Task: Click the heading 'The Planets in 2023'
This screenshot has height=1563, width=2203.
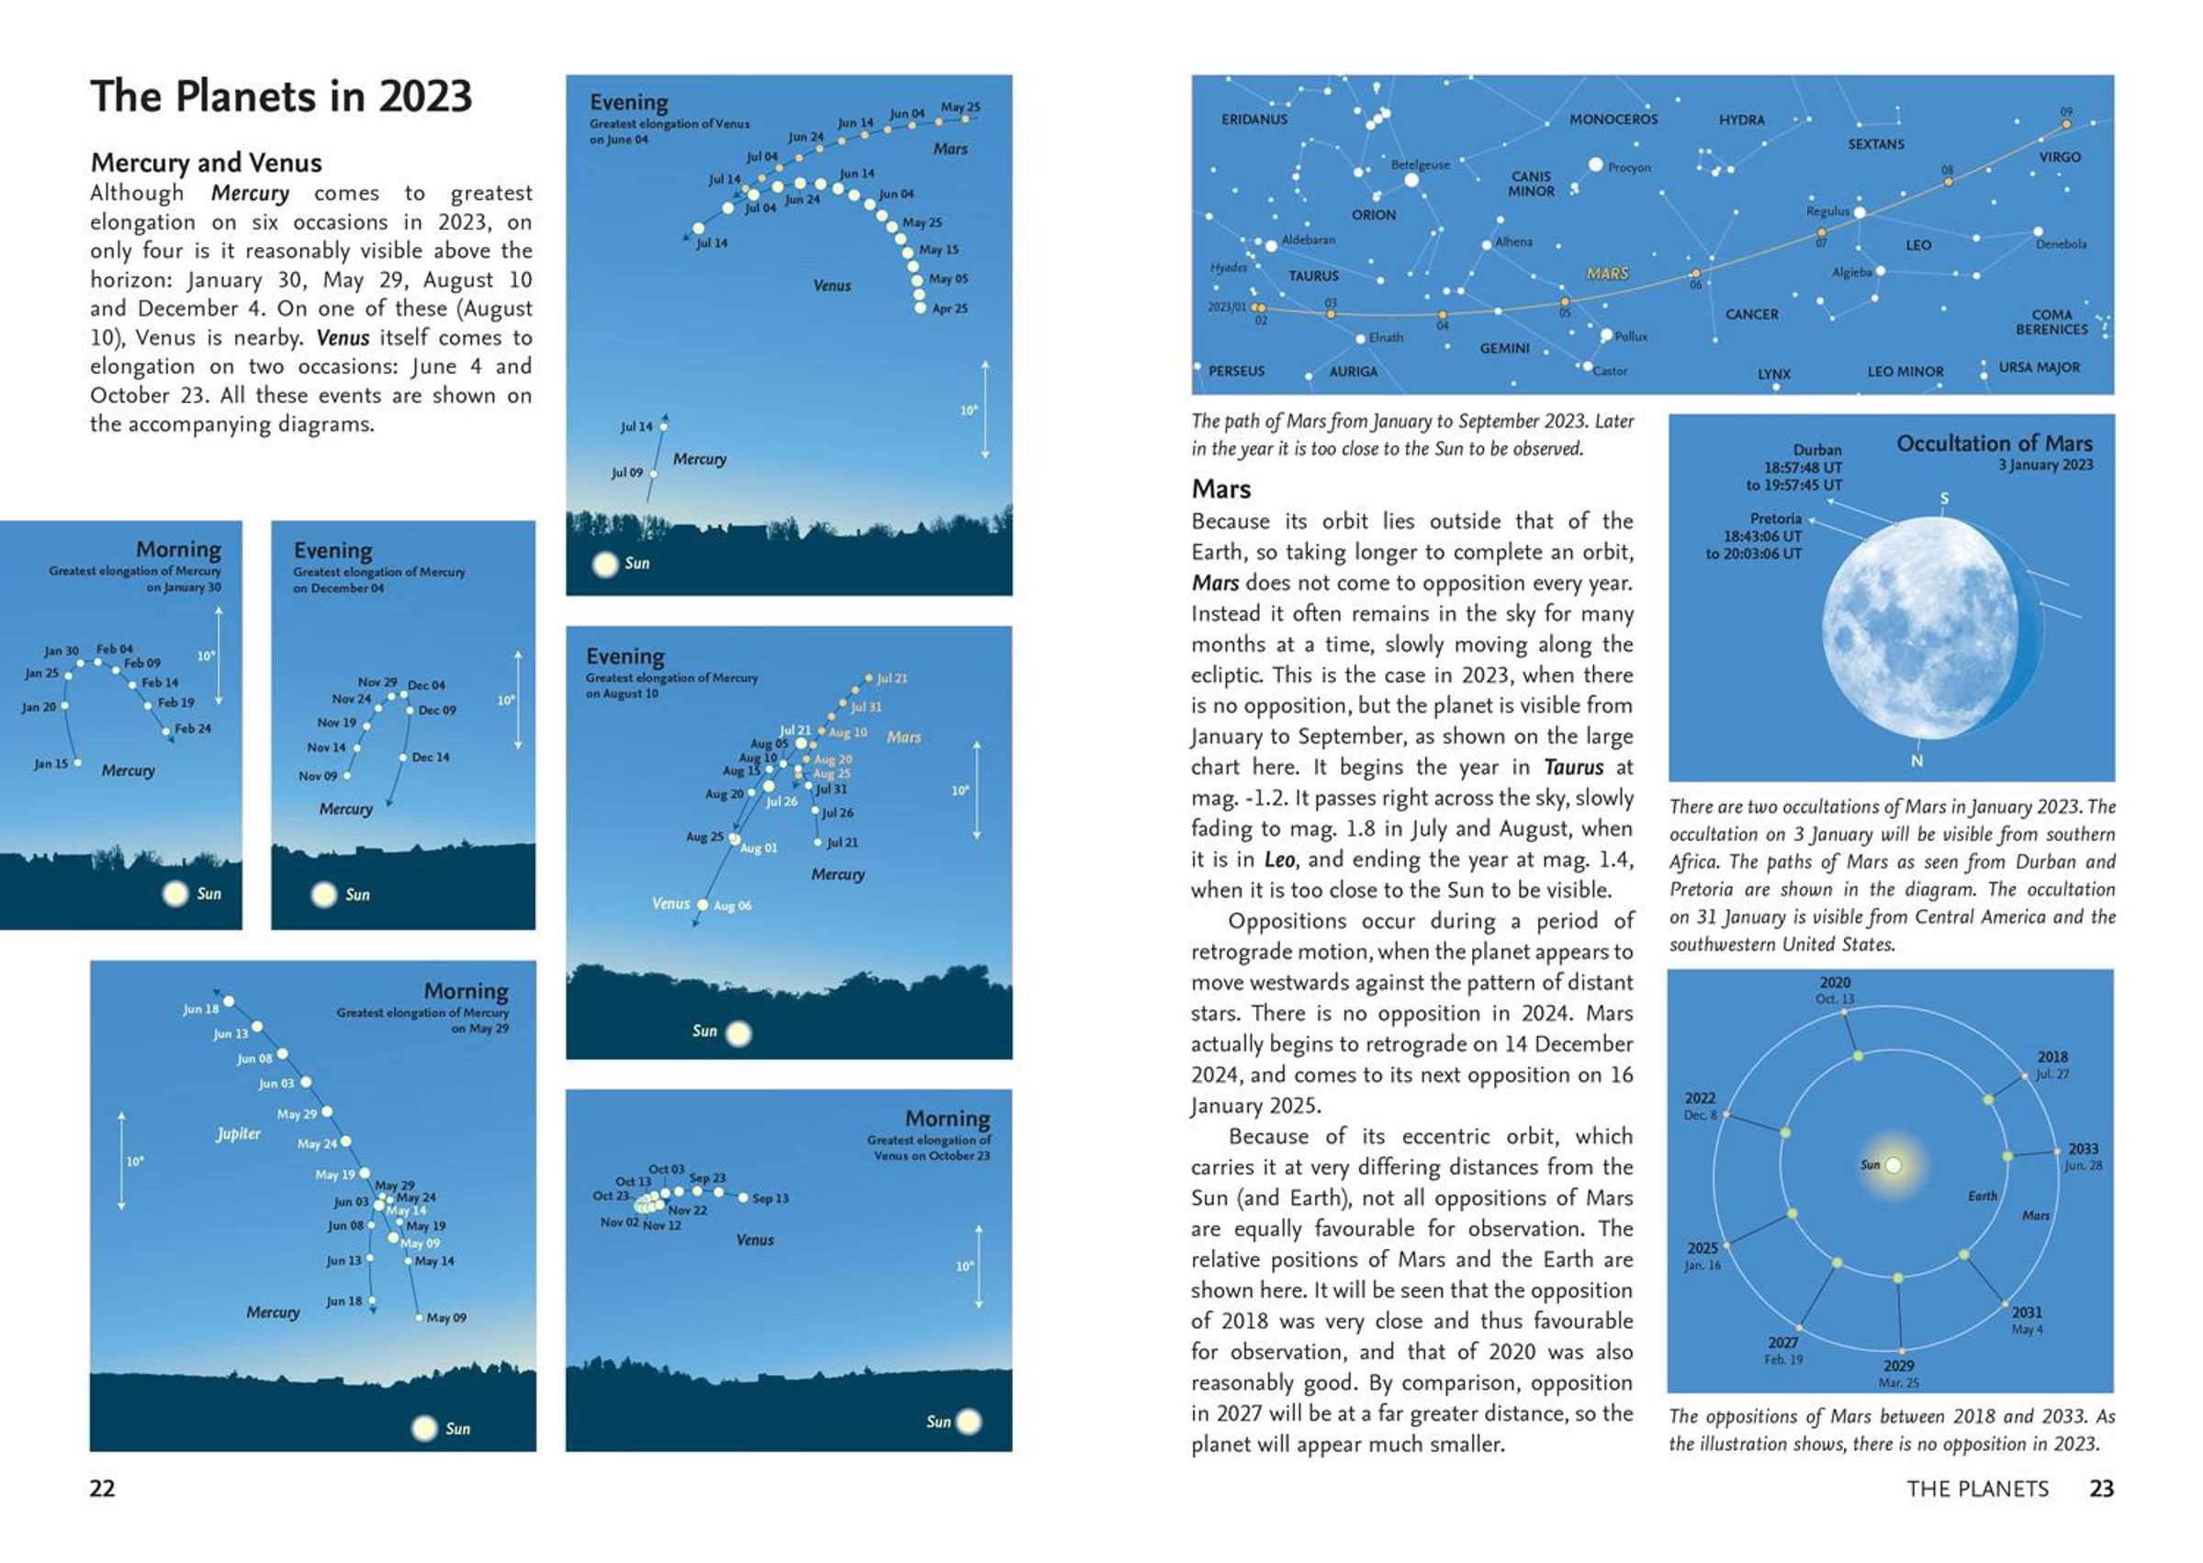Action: click(281, 97)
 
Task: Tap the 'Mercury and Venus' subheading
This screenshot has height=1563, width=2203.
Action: click(206, 163)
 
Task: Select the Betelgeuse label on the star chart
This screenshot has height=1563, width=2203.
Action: click(1420, 165)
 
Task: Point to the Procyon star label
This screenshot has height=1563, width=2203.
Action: click(1628, 167)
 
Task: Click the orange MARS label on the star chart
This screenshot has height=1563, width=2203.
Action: click(1607, 274)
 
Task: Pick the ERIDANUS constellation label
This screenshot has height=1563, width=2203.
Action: click(1253, 120)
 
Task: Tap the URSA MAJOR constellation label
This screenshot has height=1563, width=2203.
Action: click(2039, 367)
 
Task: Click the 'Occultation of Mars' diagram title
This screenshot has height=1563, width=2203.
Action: click(1994, 444)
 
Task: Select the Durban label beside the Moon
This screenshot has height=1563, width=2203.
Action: click(1816, 450)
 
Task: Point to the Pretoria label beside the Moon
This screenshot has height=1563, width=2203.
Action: click(1775, 519)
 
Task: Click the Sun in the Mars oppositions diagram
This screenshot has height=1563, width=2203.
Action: click(1892, 1165)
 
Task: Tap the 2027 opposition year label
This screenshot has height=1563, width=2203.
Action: click(1782, 1343)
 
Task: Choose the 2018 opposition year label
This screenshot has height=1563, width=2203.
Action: click(2051, 1057)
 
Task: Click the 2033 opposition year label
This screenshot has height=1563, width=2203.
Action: click(2083, 1149)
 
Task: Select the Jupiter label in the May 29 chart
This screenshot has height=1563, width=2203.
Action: click(238, 1134)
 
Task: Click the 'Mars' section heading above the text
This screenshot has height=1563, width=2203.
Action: click(1220, 489)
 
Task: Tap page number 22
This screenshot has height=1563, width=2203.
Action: click(102, 1489)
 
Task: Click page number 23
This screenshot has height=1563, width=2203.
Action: click(2101, 1489)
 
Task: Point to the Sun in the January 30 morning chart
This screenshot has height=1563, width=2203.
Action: click(176, 894)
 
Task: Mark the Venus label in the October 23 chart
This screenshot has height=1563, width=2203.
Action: click(755, 1241)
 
